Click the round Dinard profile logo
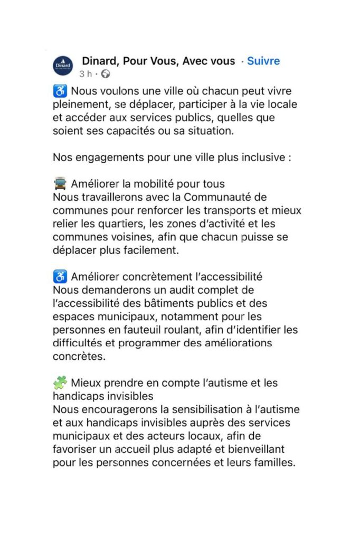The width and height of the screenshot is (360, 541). tap(63, 66)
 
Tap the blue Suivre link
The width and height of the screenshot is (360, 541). tap(263, 61)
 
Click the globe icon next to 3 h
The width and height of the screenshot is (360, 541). tap(106, 73)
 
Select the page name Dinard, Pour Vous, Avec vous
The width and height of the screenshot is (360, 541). tap(158, 61)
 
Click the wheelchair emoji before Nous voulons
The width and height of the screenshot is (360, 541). tap(60, 91)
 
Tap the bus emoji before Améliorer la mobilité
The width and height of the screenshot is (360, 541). tap(60, 184)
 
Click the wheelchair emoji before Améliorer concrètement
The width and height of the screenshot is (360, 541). tap(60, 276)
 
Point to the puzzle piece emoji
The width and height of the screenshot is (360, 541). tap(60, 383)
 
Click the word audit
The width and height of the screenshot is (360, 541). tap(165, 290)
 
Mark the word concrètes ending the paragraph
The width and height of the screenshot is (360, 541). tap(79, 356)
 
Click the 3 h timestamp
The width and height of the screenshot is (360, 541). tap(86, 73)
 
